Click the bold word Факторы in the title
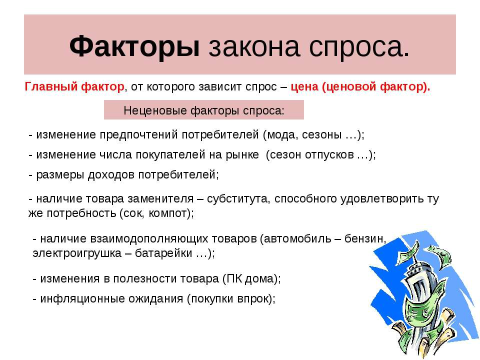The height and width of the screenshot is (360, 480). point(134,46)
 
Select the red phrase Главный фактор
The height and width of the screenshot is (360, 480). point(74,86)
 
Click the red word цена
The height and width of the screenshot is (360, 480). point(304,87)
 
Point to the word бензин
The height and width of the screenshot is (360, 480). point(365,239)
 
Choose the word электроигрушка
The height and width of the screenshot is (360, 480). point(77,253)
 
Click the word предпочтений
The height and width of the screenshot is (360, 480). point(138,135)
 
